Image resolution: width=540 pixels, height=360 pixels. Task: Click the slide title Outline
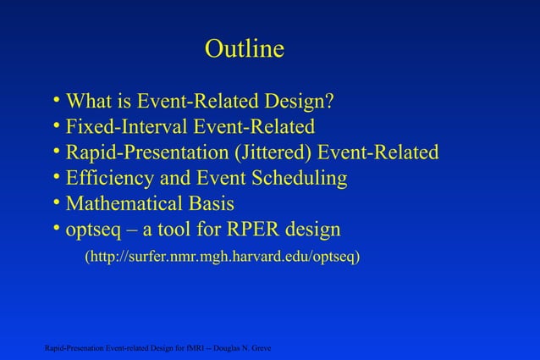click(244, 50)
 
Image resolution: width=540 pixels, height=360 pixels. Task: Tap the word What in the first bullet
click(89, 102)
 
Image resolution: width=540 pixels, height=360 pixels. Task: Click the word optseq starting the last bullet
click(93, 230)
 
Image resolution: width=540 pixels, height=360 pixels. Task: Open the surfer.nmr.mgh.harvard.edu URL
click(222, 256)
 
